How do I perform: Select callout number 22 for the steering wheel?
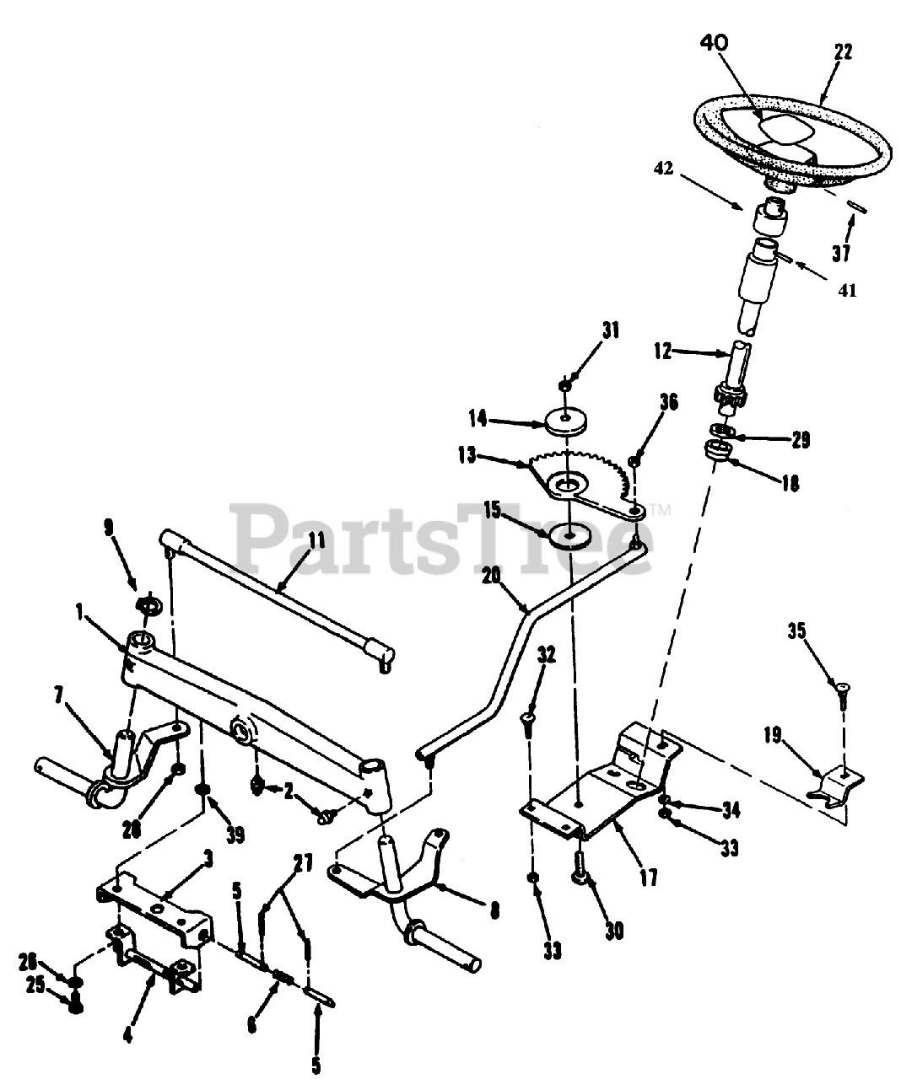click(842, 51)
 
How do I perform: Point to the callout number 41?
click(847, 290)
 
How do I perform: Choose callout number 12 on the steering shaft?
click(663, 352)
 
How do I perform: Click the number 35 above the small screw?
click(797, 631)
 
